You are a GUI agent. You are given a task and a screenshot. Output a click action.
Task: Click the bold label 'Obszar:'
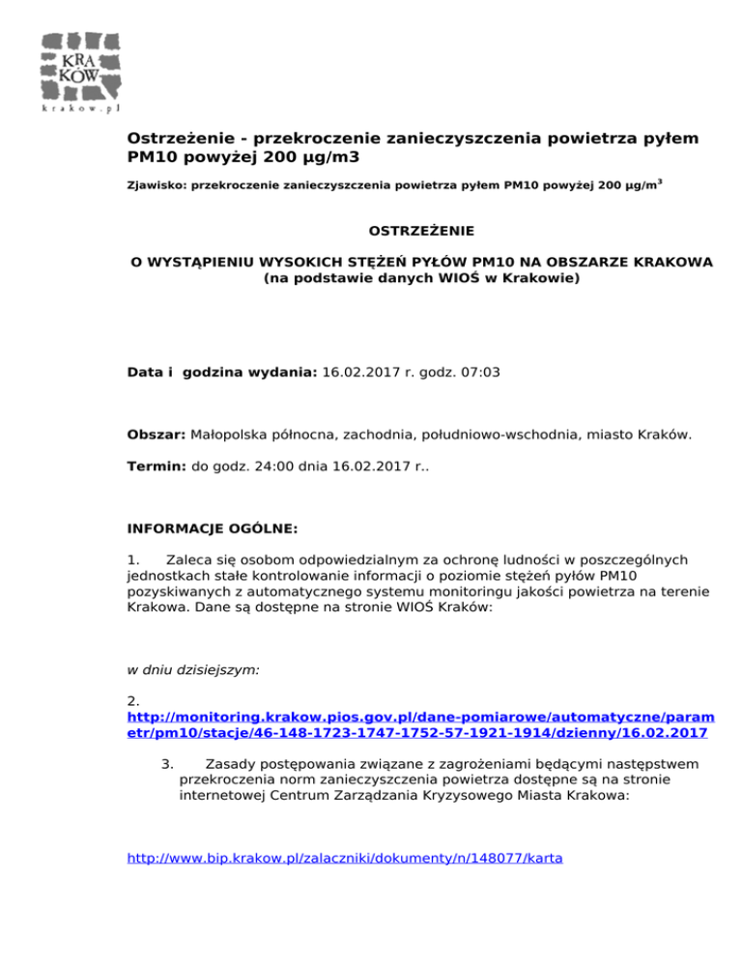point(157,435)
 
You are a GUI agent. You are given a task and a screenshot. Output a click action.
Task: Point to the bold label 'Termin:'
point(157,466)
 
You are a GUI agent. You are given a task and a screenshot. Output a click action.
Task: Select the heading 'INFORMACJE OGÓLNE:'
point(213,529)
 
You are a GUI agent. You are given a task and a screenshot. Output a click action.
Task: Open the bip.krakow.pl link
point(344,856)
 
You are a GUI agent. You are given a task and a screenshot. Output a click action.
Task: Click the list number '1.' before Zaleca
point(134,560)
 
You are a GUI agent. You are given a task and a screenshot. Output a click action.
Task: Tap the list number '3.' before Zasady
point(166,763)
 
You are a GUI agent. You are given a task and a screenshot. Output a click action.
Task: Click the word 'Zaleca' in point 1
point(190,560)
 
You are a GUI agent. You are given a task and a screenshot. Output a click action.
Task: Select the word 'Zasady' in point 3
point(232,763)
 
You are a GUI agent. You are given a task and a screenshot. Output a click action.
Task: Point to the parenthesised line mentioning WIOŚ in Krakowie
point(421,278)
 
